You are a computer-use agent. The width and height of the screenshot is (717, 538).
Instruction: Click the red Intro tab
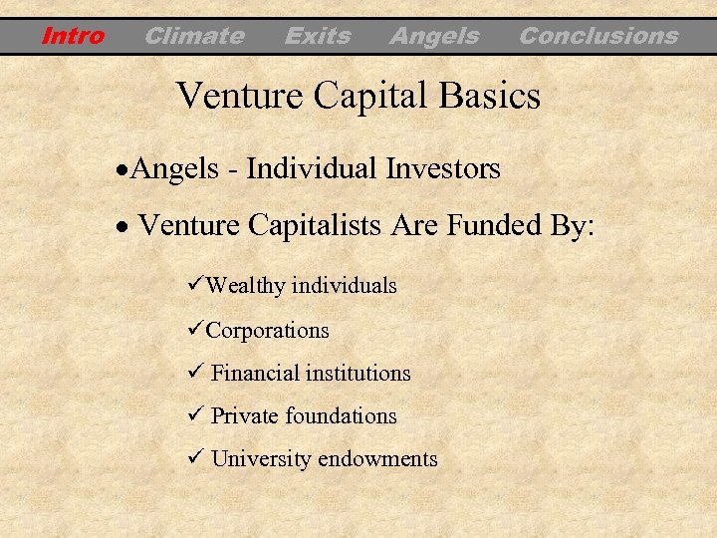coord(73,37)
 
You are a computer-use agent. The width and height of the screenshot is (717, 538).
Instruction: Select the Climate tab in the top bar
coord(194,37)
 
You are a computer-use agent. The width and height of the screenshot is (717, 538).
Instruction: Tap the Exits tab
coord(318,37)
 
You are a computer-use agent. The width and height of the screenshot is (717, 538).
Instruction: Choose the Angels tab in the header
coord(434,37)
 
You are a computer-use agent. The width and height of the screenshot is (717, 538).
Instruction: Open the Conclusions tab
coord(598,37)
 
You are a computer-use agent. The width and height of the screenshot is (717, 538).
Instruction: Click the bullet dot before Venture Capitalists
coord(120,227)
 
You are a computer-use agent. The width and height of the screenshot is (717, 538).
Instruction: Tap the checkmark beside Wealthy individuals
coord(195,285)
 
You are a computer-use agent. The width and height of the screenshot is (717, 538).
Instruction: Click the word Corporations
coord(267,330)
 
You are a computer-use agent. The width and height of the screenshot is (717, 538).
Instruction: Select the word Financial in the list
coord(255,374)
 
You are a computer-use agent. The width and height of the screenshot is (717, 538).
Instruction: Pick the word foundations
coord(341,416)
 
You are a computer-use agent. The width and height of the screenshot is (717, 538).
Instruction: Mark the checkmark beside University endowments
coord(195,458)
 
